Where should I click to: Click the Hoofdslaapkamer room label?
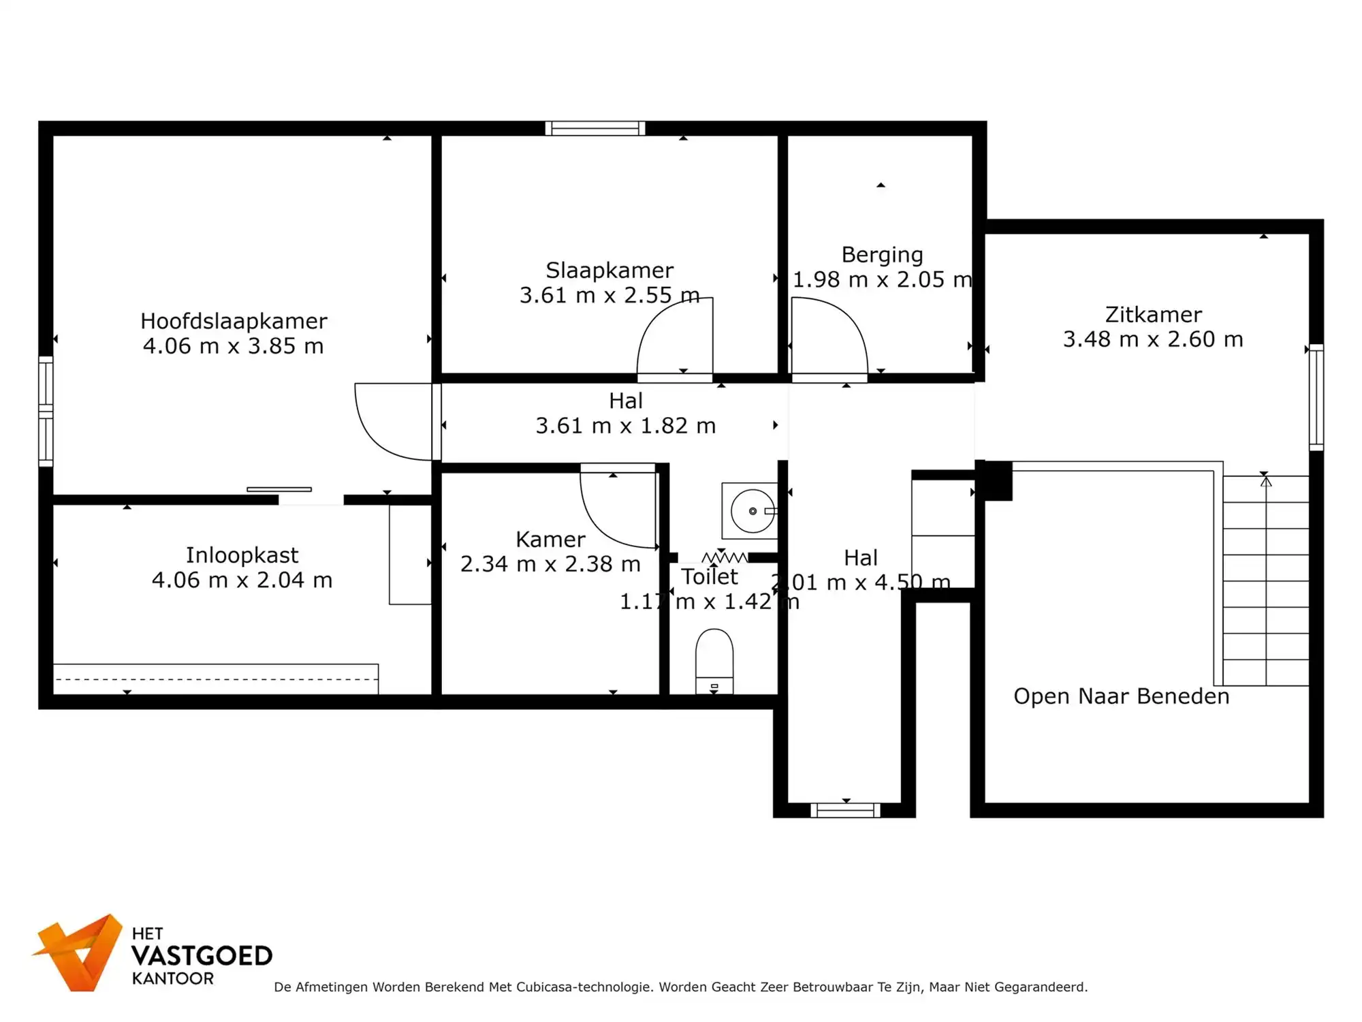[234, 321]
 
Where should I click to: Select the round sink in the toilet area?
[753, 511]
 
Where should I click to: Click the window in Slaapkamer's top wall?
[595, 128]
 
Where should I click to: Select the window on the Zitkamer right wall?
[1316, 397]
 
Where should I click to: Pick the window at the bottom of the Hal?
[845, 810]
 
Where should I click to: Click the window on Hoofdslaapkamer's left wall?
[46, 411]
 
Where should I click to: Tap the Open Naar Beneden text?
[1121, 696]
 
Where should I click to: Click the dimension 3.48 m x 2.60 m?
[1153, 339]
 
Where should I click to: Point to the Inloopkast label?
[242, 555]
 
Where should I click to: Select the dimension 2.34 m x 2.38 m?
[550, 564]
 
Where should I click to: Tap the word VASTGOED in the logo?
[202, 956]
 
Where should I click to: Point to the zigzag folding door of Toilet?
[725, 558]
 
